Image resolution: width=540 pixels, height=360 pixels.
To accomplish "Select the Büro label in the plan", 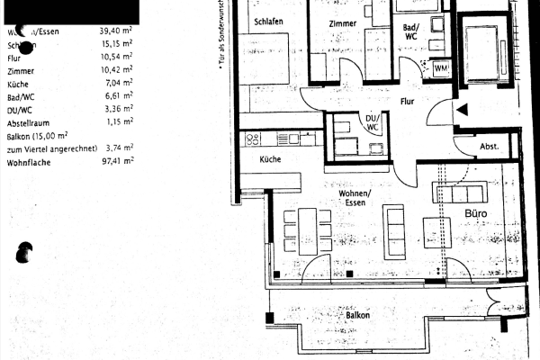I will [x=476, y=214].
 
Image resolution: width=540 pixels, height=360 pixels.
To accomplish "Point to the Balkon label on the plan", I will [x=358, y=316].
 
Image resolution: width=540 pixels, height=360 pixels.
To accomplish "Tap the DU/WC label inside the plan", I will [x=371, y=121].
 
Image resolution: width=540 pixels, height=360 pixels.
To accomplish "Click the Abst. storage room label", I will [x=489, y=147].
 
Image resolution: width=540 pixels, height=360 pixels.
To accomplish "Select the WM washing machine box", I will [x=442, y=67].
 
